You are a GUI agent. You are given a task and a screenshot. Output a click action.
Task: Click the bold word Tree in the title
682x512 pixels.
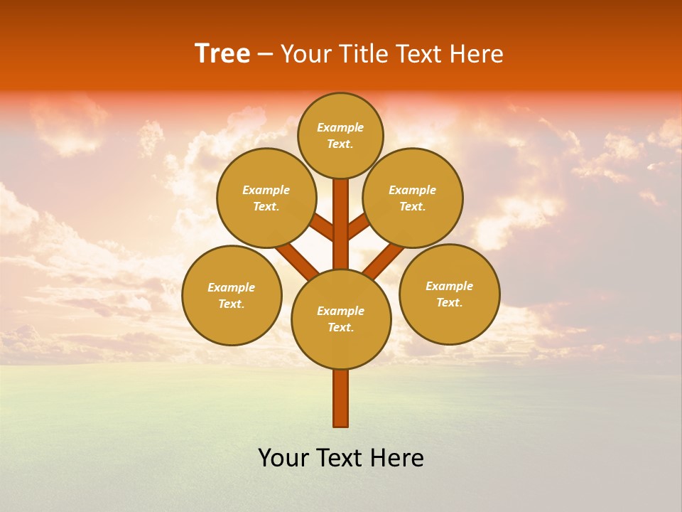[x=222, y=54]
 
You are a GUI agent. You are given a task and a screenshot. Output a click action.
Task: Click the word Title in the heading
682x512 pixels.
[x=362, y=54]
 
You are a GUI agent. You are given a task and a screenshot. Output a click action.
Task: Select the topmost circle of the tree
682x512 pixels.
[x=340, y=135]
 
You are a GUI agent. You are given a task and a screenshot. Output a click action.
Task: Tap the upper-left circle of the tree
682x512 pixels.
[x=266, y=198]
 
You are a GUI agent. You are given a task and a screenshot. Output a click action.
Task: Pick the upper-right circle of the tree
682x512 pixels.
[x=413, y=198]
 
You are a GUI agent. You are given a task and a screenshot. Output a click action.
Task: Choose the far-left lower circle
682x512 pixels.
[x=232, y=295]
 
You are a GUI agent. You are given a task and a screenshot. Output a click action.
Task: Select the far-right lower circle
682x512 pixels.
[x=450, y=294]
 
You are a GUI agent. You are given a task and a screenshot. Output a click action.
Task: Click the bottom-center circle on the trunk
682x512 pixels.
[x=341, y=319]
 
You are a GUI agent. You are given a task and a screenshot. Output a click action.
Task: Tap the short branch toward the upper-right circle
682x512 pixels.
[x=358, y=227]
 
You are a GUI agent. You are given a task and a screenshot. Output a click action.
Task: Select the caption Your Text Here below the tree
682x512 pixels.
[x=341, y=458]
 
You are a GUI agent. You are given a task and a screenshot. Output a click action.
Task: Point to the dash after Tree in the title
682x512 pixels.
[x=265, y=54]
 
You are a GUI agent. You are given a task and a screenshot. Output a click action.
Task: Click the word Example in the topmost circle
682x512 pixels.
[x=340, y=127]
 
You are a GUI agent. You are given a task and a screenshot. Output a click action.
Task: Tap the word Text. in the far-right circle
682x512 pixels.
[x=449, y=302]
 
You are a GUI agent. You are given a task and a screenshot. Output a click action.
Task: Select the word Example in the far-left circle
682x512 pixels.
[x=231, y=287]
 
